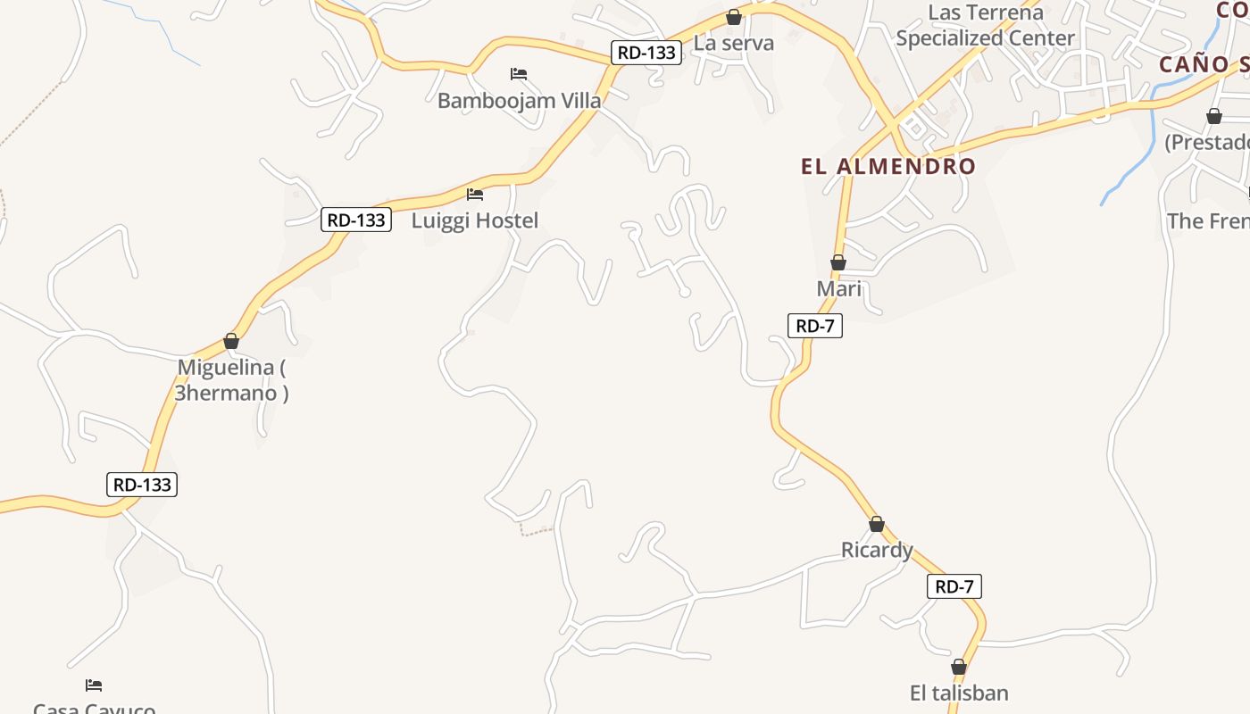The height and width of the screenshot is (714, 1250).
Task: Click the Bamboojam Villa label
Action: pos(519,100)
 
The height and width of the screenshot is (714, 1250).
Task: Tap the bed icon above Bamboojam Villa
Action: pos(519,73)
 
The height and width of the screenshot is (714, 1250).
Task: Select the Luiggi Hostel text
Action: pos(475,220)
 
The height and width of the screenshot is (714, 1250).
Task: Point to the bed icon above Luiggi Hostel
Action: pos(475,194)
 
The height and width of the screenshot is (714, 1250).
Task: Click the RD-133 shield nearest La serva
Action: pos(646,53)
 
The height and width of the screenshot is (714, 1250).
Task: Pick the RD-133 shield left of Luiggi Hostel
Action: pos(356,220)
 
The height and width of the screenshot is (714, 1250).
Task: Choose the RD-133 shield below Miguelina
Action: pos(142,485)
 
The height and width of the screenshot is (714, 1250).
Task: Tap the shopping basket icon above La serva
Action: pos(734,17)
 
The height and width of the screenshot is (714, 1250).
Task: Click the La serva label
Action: pos(734,43)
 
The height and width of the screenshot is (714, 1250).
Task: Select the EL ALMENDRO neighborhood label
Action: pos(888,166)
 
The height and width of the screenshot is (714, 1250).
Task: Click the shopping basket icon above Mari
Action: pos(838,262)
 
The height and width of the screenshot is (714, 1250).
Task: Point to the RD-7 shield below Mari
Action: pos(815,326)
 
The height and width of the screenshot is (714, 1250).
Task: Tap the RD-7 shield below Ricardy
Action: pos(954,586)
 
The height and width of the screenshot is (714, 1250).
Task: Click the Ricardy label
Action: pos(877,550)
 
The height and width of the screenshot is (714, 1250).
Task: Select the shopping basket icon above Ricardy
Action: pos(877,524)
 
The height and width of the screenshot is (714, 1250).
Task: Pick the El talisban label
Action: pos(959,693)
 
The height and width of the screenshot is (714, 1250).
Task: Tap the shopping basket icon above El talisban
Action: pos(959,667)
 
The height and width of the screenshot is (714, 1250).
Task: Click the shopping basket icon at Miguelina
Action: pos(231,341)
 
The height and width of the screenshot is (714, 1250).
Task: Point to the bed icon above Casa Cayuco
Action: pos(94,685)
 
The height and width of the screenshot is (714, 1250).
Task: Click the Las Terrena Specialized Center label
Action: pos(985,26)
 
